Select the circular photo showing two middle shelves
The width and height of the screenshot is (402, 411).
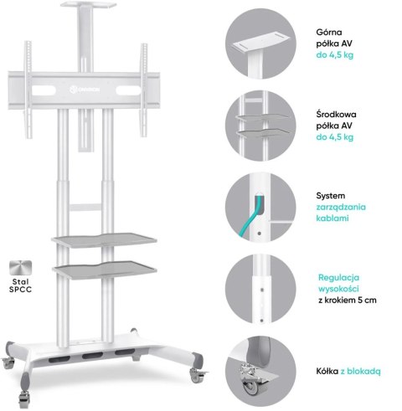259,126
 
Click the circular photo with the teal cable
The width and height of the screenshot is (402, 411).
259,208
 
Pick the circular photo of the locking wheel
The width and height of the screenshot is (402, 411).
259,368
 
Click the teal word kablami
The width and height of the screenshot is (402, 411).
335,218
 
